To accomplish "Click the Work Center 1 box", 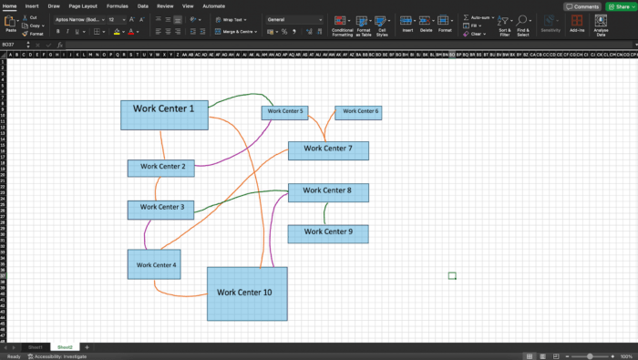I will [164, 114].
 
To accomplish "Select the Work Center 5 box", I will [284, 112].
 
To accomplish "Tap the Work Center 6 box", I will [357, 112].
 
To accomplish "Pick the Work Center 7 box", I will [328, 150].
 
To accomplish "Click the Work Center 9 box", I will [328, 233].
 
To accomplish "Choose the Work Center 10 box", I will [247, 293].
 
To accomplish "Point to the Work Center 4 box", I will [156, 264].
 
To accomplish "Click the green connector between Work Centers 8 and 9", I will [325, 213].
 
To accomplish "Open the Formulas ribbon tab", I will [117, 5].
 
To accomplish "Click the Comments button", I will [583, 6].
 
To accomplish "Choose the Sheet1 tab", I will [35, 347].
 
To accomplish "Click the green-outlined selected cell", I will [452, 275].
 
